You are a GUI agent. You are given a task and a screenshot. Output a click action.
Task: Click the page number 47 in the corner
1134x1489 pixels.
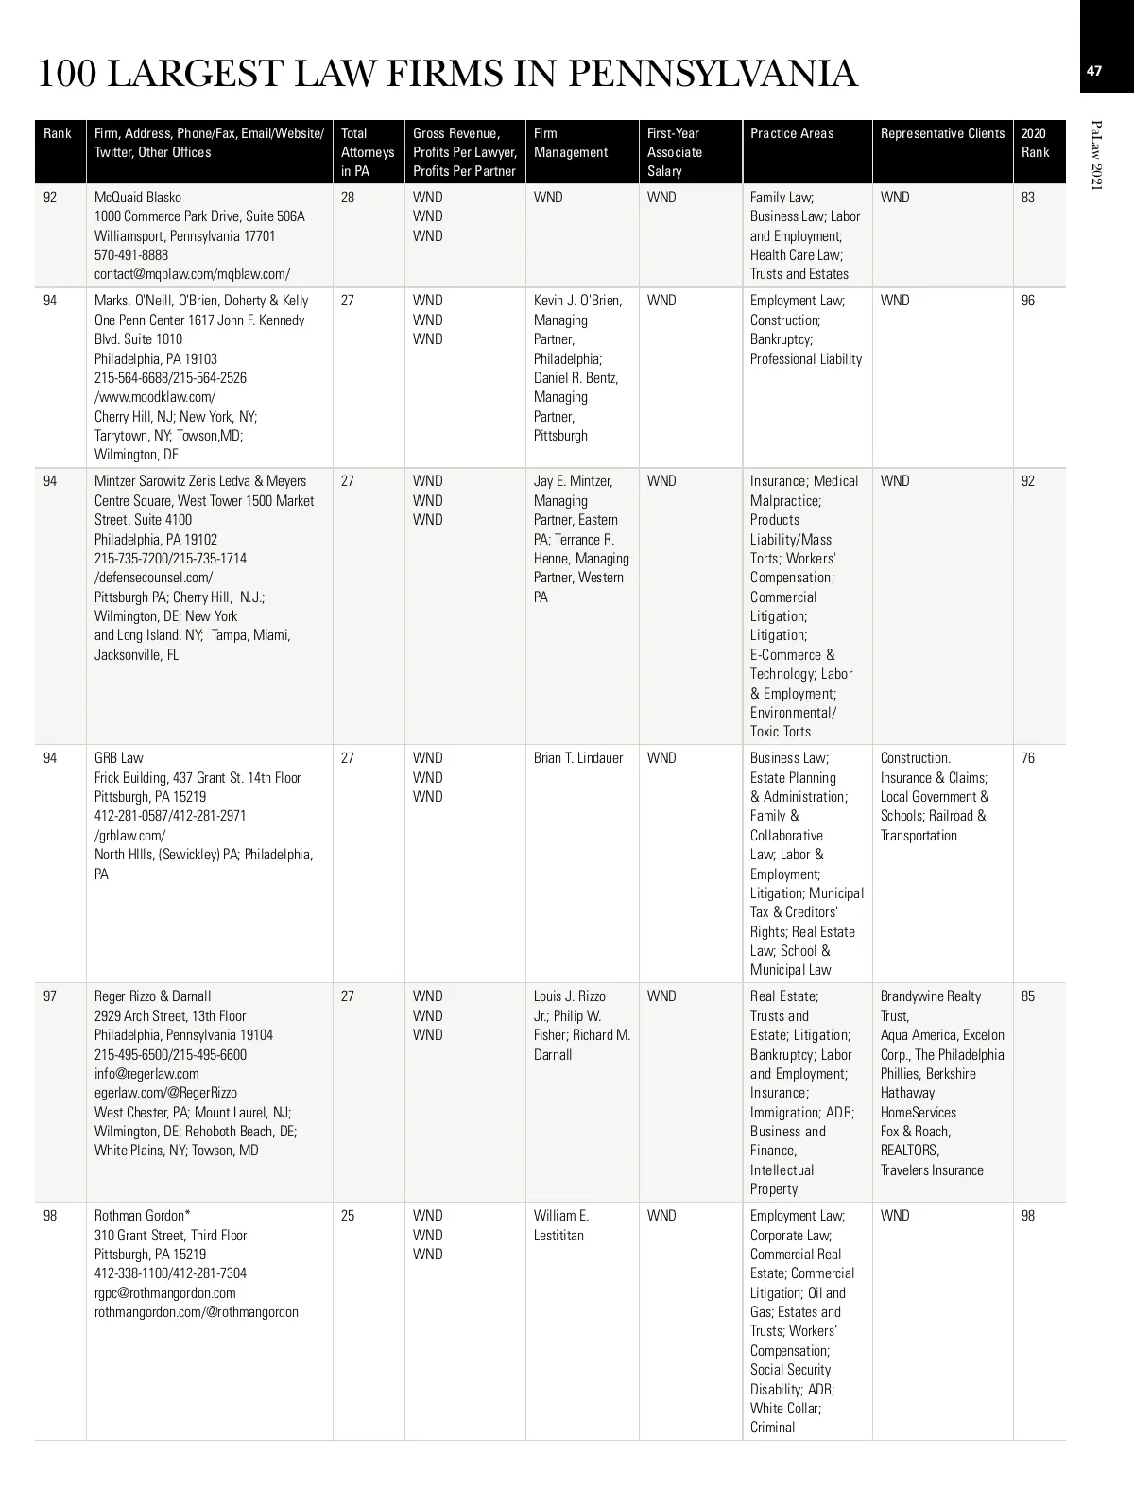click(1094, 71)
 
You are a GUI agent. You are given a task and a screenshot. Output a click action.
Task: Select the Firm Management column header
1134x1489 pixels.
click(571, 143)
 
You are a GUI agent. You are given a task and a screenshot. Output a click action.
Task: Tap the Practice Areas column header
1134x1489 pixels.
click(792, 133)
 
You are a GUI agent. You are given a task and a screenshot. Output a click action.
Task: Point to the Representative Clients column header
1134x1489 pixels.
click(942, 133)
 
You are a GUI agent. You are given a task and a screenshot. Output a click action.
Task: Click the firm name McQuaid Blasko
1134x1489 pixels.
click(138, 198)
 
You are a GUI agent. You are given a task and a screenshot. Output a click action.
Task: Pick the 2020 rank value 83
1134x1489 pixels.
click(1028, 198)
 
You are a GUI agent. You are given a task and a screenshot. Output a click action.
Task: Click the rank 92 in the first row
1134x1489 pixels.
click(50, 198)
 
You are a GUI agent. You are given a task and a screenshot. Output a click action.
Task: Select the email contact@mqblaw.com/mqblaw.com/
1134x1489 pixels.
click(192, 274)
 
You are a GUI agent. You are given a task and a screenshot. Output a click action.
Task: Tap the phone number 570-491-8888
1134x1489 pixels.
click(131, 255)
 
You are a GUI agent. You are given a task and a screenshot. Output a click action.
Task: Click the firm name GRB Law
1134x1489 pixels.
click(119, 758)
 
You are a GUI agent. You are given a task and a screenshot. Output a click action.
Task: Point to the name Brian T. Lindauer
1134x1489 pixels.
click(578, 758)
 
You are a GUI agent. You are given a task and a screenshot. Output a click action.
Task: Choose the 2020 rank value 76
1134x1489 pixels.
click(1028, 758)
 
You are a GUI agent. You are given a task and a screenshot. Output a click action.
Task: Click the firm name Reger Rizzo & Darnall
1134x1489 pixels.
click(153, 996)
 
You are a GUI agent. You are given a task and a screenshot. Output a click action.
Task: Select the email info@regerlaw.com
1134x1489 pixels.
click(146, 1074)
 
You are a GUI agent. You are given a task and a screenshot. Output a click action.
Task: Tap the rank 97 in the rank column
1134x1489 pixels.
click(50, 996)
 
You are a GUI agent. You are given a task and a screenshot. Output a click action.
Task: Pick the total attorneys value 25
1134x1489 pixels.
click(348, 1216)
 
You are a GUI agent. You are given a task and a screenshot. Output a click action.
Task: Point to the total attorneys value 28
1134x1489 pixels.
click(348, 198)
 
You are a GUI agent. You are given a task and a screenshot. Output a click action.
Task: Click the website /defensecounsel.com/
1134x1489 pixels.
click(153, 578)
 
